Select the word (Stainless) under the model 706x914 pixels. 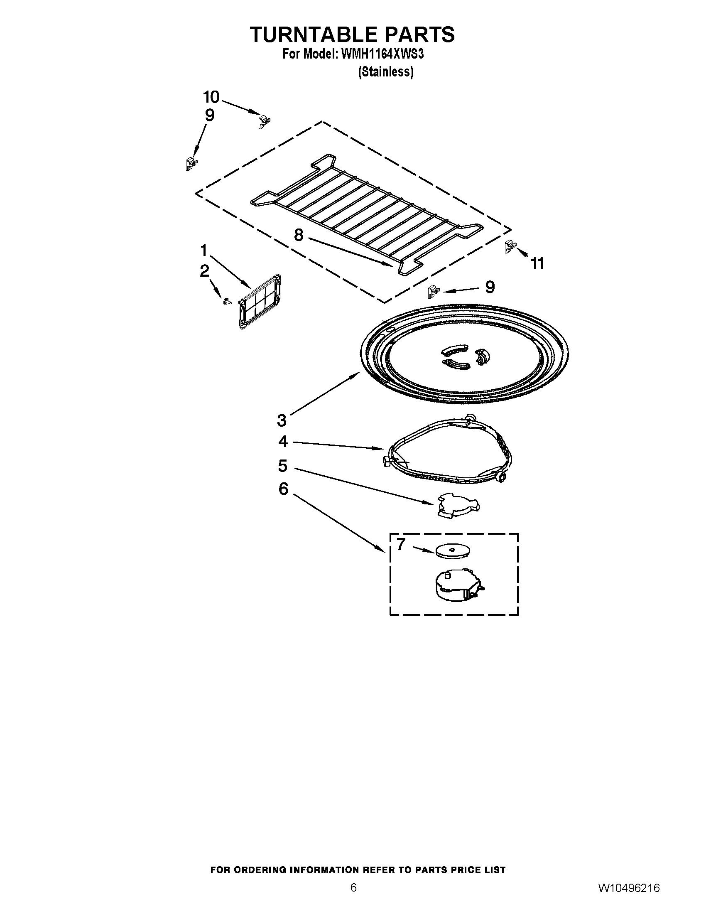tap(386, 72)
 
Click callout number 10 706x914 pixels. tap(211, 97)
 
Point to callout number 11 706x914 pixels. tap(537, 264)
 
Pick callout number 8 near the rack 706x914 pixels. tap(298, 235)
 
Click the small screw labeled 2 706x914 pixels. tap(227, 301)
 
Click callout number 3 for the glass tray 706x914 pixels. tap(282, 420)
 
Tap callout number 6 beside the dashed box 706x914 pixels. tap(283, 489)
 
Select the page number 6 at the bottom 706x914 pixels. tap(353, 897)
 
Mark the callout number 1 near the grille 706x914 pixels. tap(203, 251)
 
